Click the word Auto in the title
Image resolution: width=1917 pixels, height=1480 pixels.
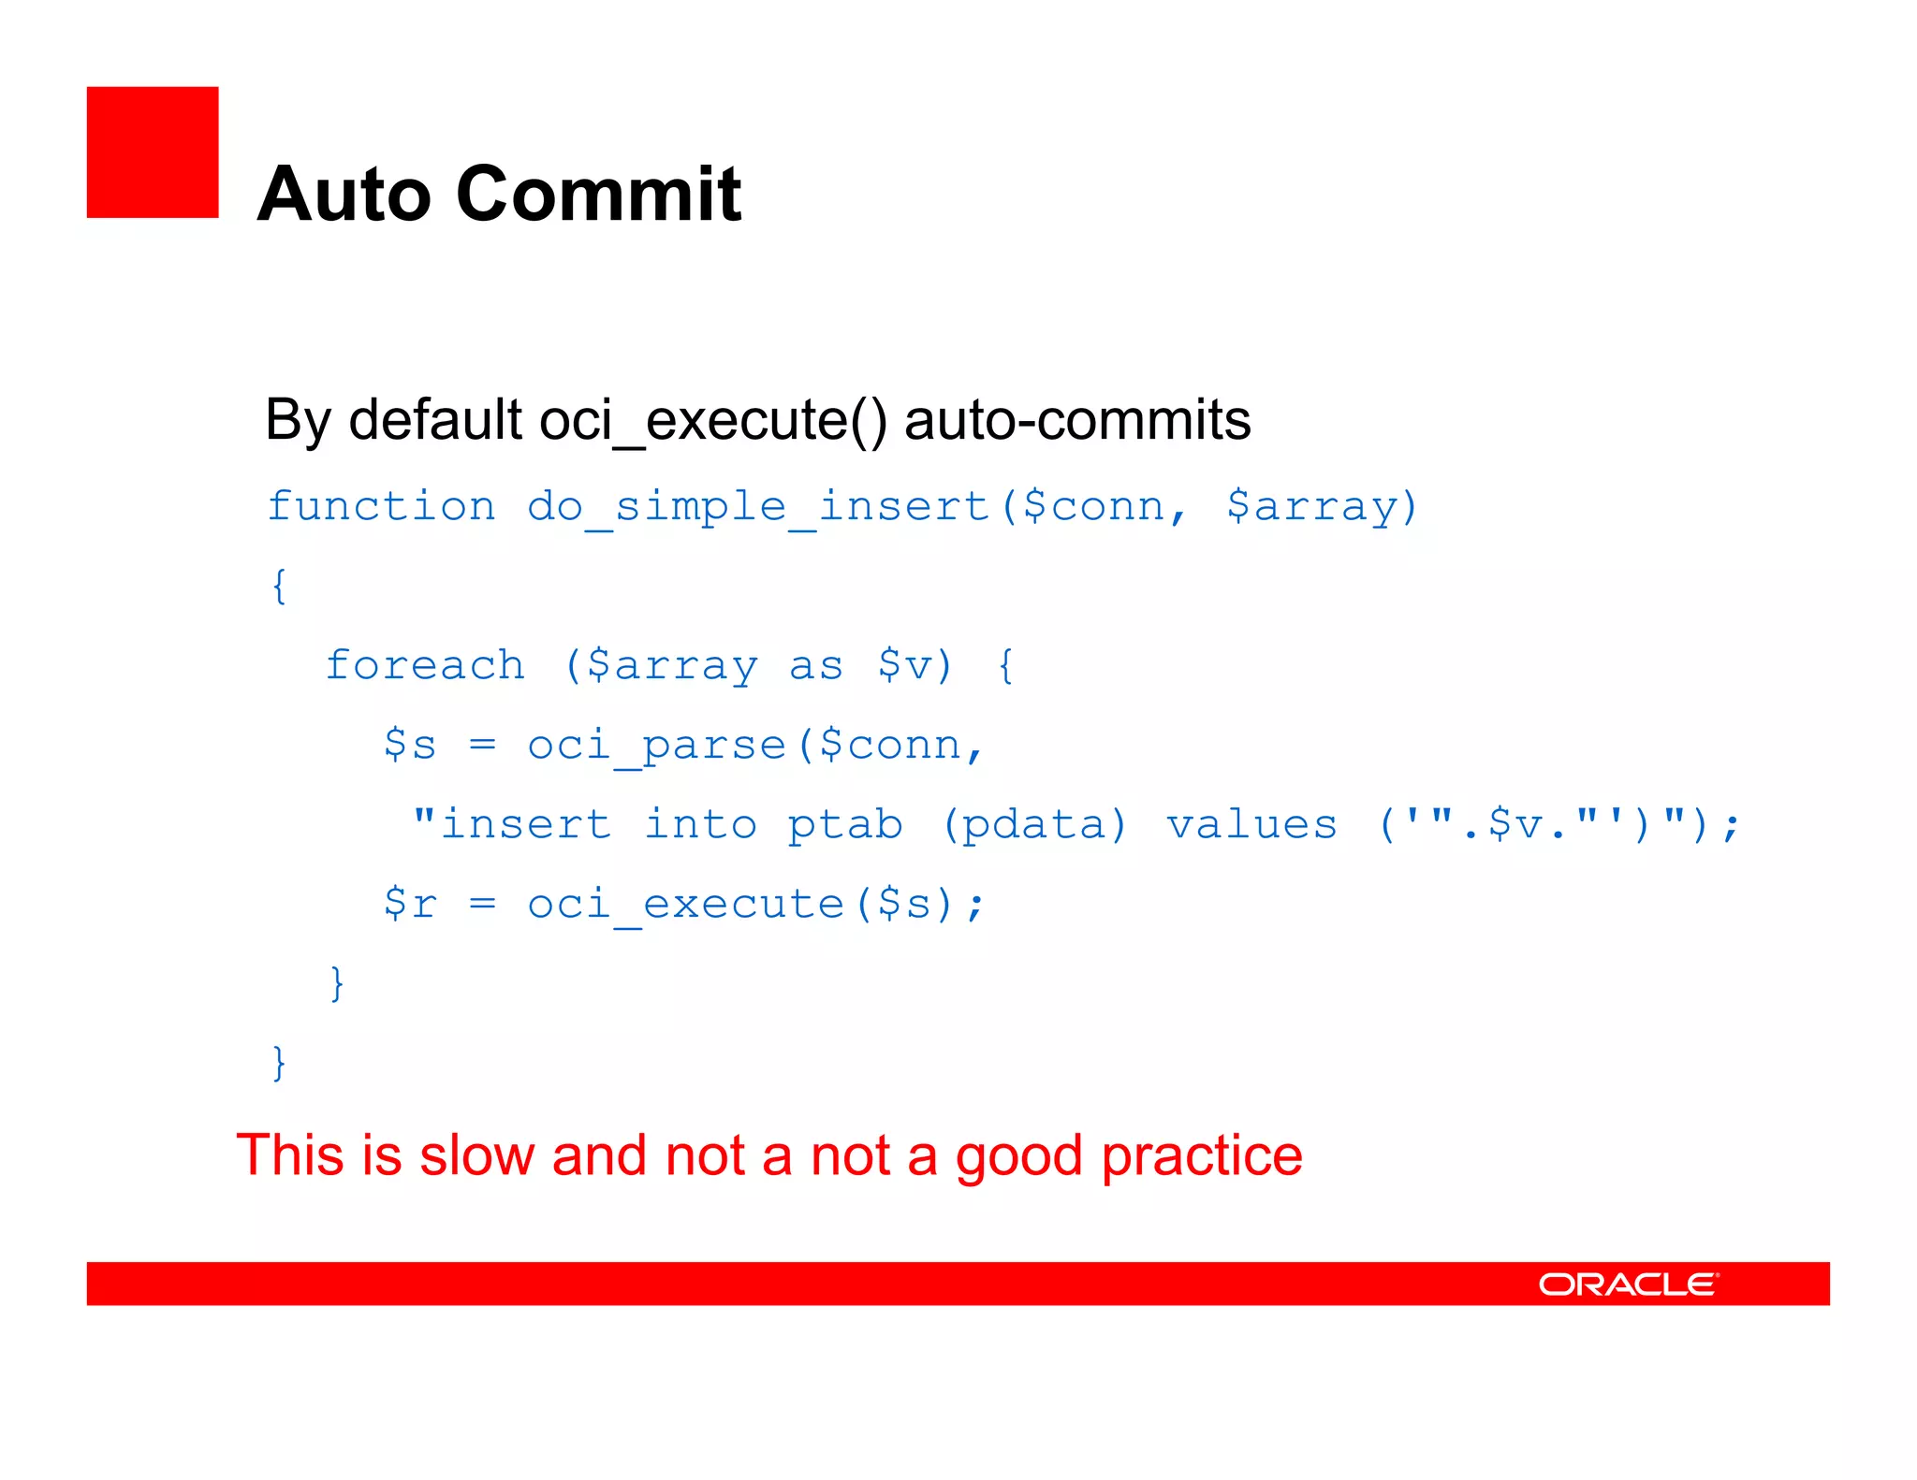pyautogui.click(x=343, y=195)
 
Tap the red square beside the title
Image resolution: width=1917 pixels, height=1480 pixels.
pyautogui.click(x=153, y=152)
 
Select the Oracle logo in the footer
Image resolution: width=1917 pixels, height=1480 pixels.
pyautogui.click(x=1628, y=1284)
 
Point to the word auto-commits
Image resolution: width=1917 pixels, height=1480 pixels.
pyautogui.click(x=1077, y=421)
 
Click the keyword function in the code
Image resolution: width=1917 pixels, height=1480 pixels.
pyautogui.click(x=381, y=507)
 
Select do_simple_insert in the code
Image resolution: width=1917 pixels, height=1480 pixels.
pyautogui.click(x=758, y=507)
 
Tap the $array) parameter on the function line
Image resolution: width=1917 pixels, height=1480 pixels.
pyautogui.click(x=1322, y=507)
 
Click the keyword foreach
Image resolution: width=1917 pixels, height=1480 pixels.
pyautogui.click(x=425, y=666)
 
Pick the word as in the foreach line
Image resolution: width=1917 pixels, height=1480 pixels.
pyautogui.click(x=816, y=666)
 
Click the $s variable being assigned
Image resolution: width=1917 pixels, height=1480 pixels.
pyautogui.click(x=410, y=746)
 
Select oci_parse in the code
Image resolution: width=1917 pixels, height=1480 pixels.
pyautogui.click(x=656, y=746)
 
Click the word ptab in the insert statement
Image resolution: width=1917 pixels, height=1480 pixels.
pyautogui.click(x=844, y=825)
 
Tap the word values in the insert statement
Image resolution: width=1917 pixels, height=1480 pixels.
pyautogui.click(x=1251, y=825)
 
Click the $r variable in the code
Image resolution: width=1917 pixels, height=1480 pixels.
pyautogui.click(x=410, y=905)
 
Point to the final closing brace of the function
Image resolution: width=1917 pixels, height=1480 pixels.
pyautogui.click(x=278, y=1064)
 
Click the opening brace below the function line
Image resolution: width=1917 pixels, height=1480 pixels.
pyautogui.click(x=278, y=587)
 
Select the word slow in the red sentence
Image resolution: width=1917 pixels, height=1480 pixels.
pyautogui.click(x=477, y=1155)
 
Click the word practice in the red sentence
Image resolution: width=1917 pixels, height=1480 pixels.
pyautogui.click(x=1202, y=1155)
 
